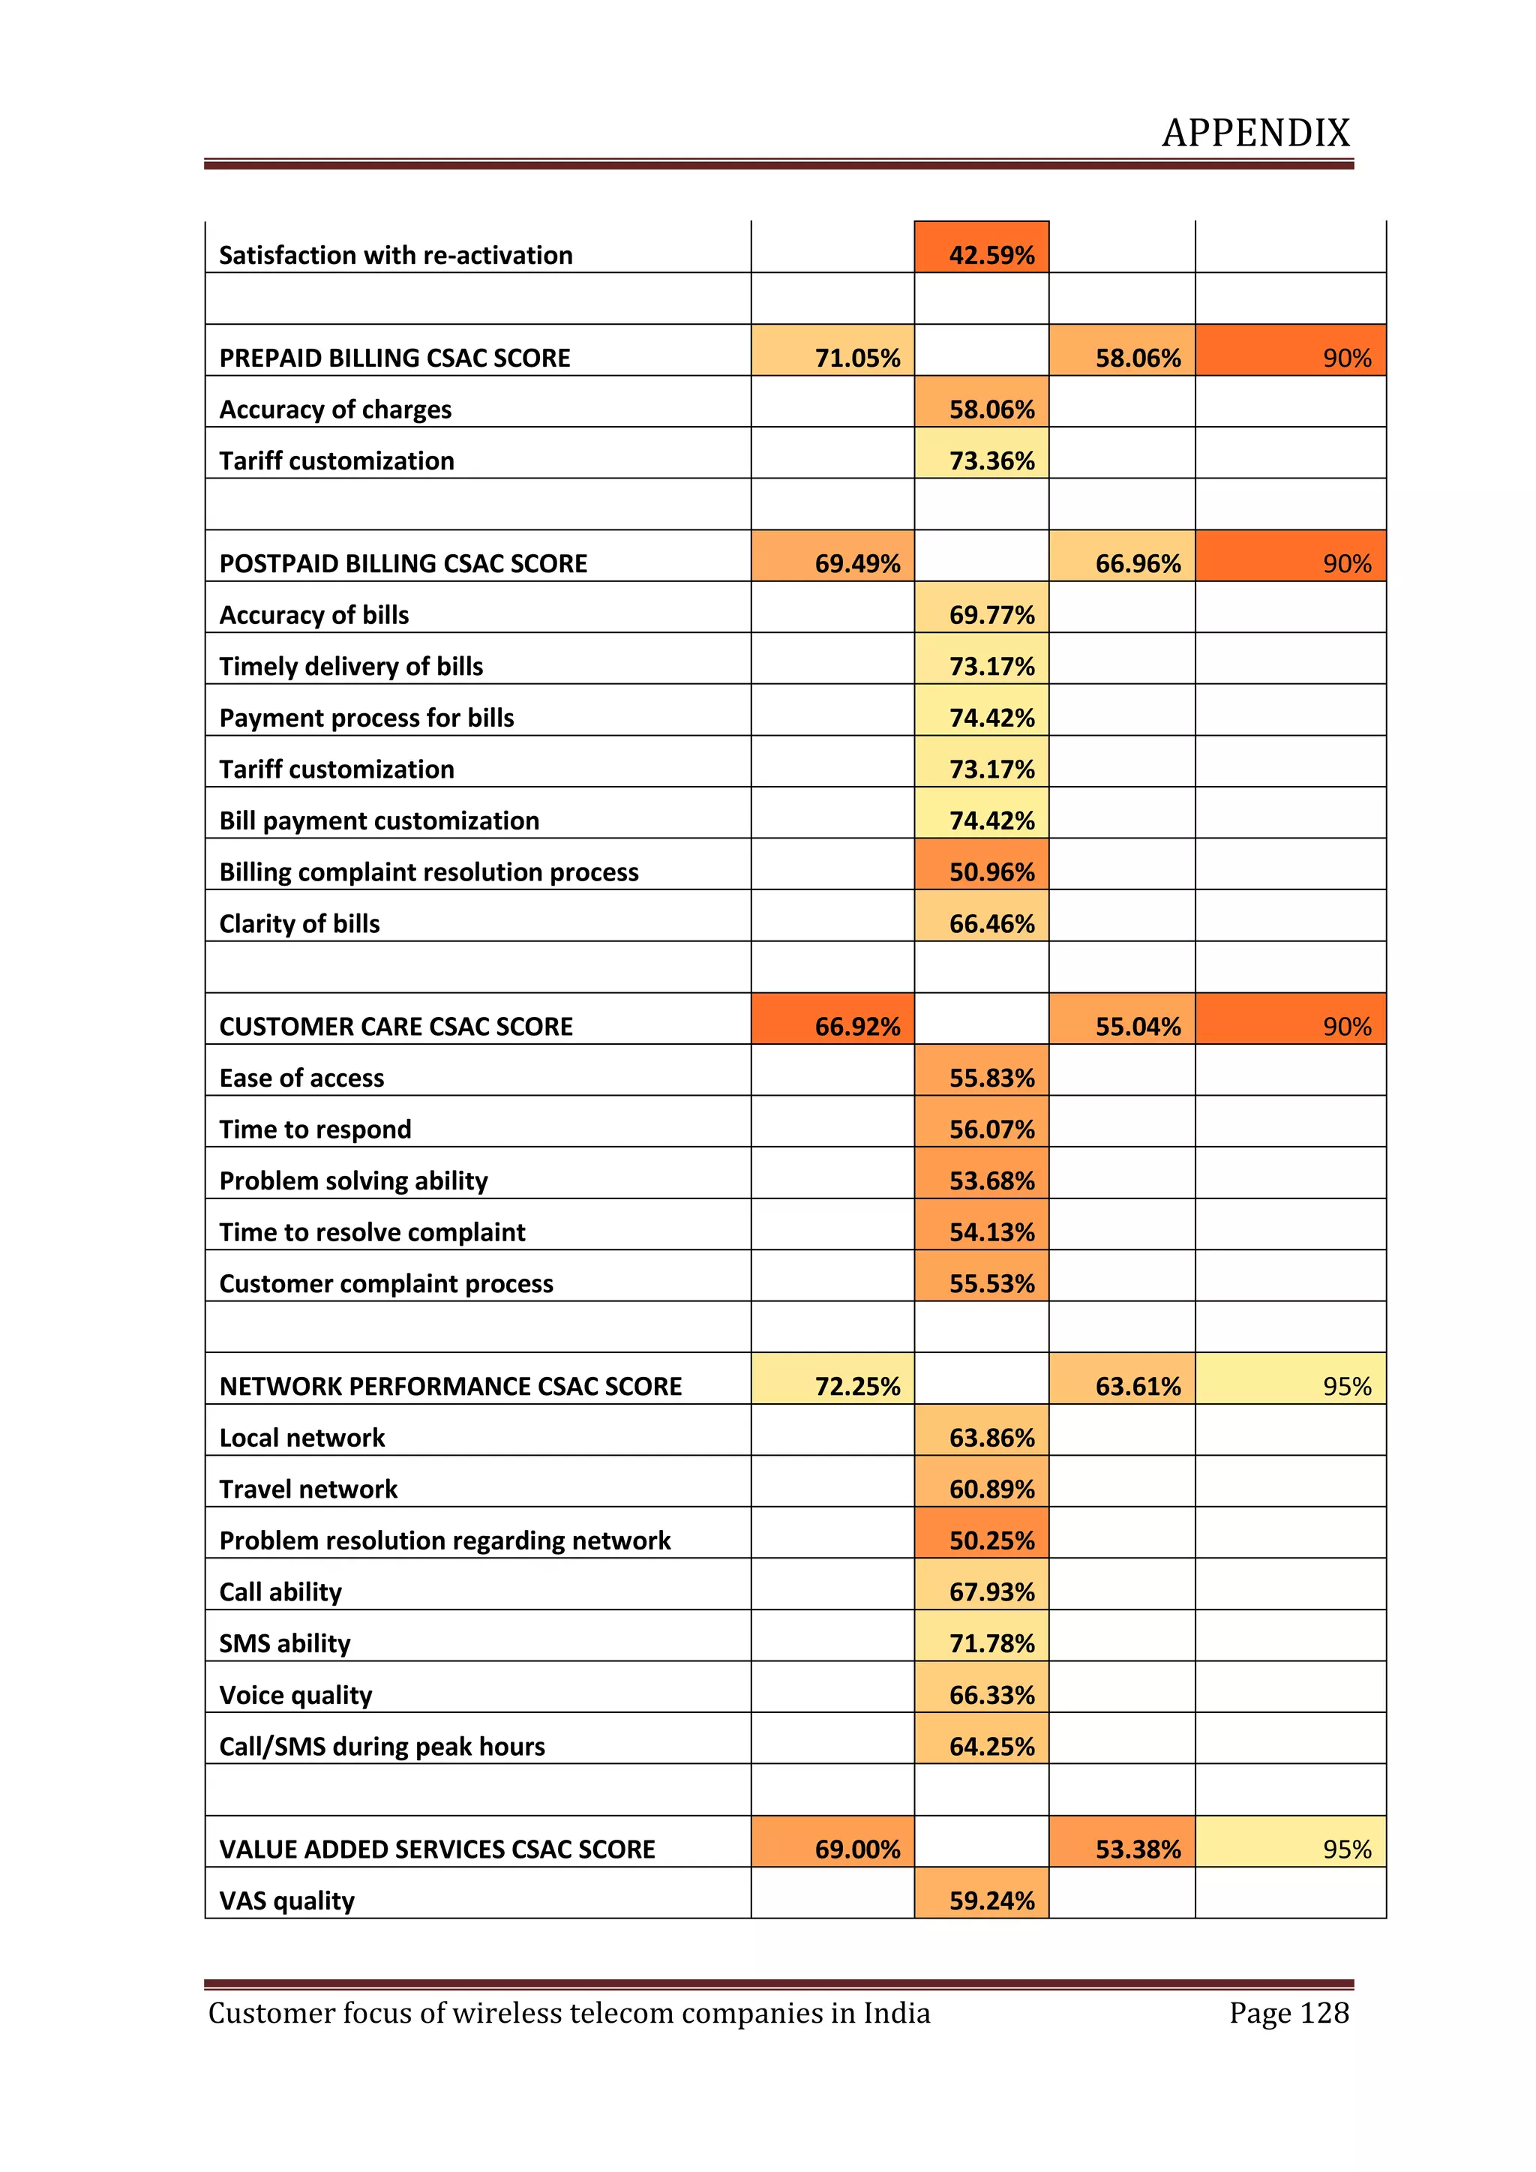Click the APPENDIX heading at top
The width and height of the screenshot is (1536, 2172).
[1255, 133]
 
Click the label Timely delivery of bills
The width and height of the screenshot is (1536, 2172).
[351, 667]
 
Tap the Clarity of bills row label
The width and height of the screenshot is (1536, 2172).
[299, 923]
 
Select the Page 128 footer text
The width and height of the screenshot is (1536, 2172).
[1288, 2013]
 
